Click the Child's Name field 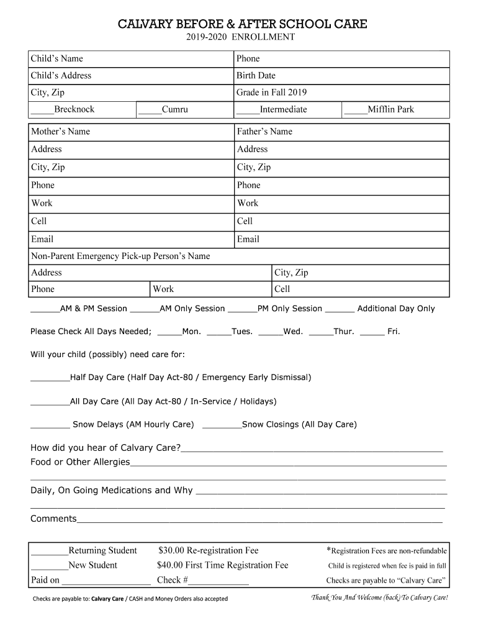pos(155,59)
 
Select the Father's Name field pos(366,132)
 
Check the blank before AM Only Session pos(145,309)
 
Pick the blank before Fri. pos(371,332)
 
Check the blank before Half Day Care pos(50,378)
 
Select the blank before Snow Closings pos(222,425)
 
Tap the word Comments pos(53,519)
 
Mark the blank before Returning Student pos(49,552)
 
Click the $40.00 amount pos(171,565)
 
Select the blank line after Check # pos(219,581)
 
